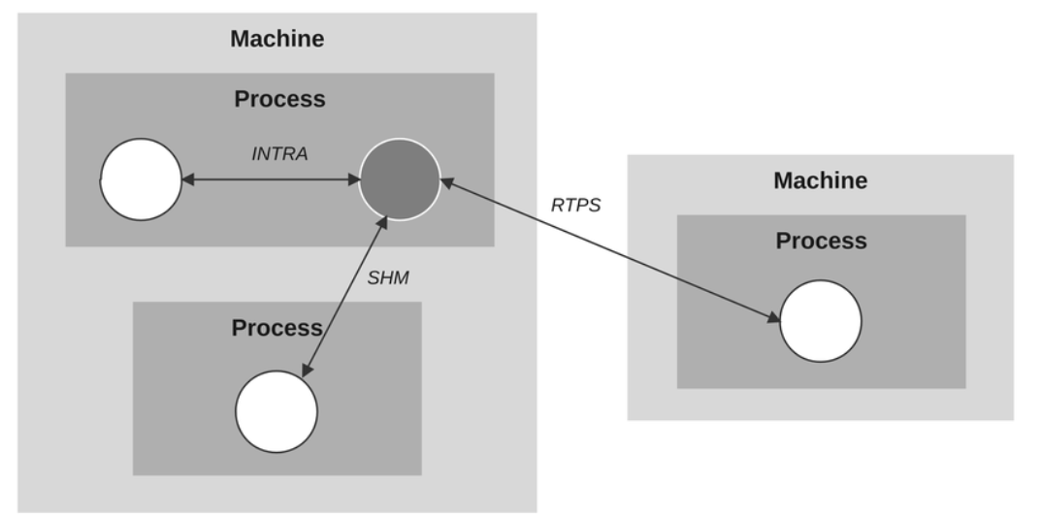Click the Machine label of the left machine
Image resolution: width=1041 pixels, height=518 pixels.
(x=277, y=40)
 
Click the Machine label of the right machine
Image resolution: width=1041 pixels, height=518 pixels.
(x=820, y=180)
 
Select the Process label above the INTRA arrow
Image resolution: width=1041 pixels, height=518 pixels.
(x=279, y=99)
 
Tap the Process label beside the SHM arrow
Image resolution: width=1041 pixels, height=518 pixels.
(x=277, y=328)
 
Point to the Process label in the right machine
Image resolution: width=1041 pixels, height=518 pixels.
(x=821, y=241)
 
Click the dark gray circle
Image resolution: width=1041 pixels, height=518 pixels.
(x=400, y=179)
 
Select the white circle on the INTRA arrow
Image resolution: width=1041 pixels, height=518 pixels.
(x=142, y=179)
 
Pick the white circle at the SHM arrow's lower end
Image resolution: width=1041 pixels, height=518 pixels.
(x=277, y=411)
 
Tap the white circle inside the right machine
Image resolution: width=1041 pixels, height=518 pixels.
(x=821, y=321)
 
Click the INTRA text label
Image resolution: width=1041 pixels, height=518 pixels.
(x=279, y=153)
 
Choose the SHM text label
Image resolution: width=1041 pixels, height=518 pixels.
(x=388, y=277)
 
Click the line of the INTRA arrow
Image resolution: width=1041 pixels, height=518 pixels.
(x=272, y=179)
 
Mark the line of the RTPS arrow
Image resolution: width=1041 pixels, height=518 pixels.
(x=611, y=250)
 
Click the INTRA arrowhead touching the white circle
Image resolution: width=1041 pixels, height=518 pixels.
(x=188, y=179)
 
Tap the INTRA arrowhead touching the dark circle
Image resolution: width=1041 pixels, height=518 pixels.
(x=353, y=179)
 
